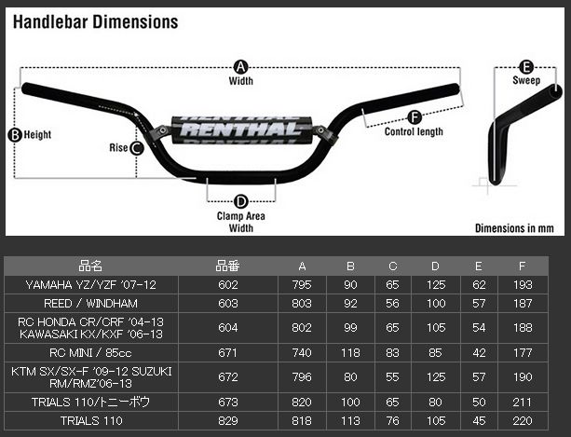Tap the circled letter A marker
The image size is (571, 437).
click(x=240, y=66)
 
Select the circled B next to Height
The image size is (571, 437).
click(x=14, y=134)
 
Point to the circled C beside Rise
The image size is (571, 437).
click(x=136, y=147)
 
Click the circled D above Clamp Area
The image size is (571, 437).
click(x=240, y=201)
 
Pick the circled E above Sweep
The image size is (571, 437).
click(x=525, y=66)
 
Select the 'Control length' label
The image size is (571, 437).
click(x=414, y=132)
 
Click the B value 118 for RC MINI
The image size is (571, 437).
click(x=350, y=353)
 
